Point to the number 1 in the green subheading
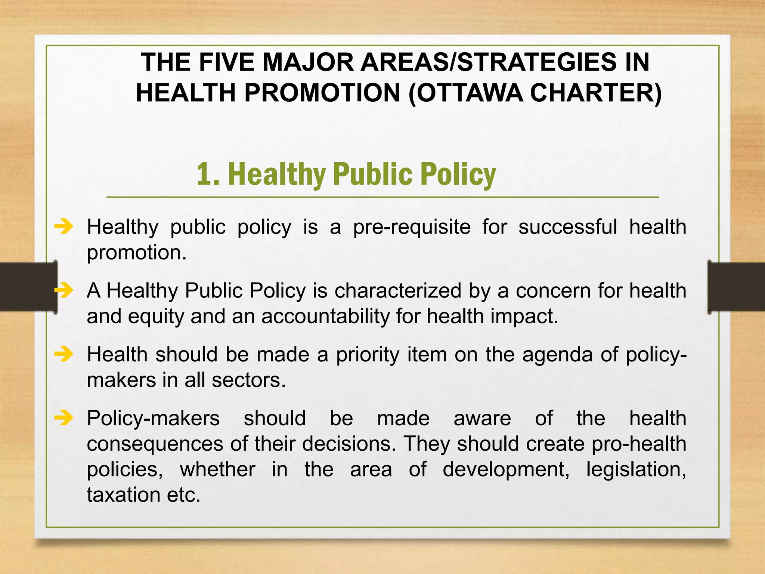pyautogui.click(x=203, y=174)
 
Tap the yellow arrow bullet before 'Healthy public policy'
pyautogui.click(x=64, y=226)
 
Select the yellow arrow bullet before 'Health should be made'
pyautogui.click(x=64, y=354)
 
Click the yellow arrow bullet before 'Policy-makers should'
pyautogui.click(x=64, y=418)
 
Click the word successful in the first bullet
pyautogui.click(x=568, y=227)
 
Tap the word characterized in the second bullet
pyautogui.click(x=398, y=291)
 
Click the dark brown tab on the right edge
pyautogui.click(x=736, y=287)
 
